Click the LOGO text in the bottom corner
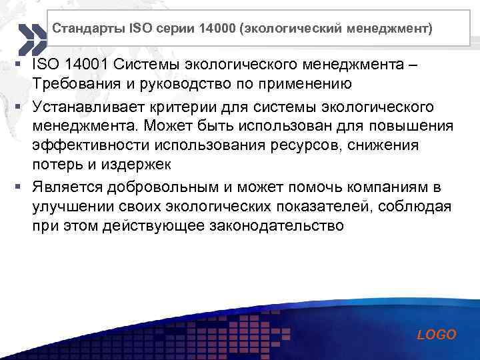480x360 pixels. pos(437,335)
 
